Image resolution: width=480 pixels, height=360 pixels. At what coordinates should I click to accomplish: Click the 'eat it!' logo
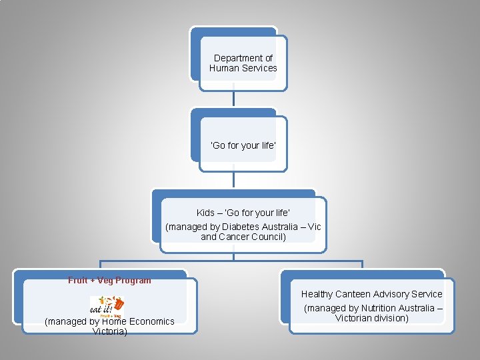107,306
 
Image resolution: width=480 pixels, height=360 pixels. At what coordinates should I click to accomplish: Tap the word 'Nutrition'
380,308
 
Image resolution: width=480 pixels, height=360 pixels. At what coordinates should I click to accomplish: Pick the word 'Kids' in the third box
205,213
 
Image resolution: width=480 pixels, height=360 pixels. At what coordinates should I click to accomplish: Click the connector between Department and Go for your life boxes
233,99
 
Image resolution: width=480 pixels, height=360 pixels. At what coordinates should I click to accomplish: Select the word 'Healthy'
317,294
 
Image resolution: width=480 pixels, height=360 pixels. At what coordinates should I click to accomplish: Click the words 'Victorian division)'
371,318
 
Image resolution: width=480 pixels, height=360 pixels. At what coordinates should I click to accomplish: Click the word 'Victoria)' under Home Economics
110,331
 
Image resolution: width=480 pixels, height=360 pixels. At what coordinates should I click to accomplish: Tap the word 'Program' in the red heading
132,281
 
